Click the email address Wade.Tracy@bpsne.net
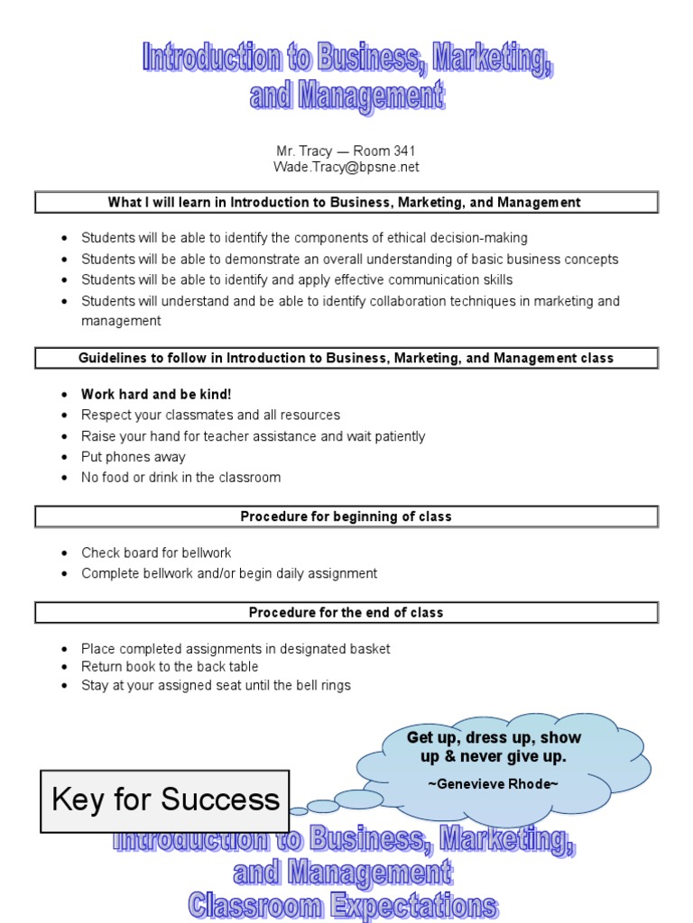click(346, 168)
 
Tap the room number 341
click(402, 151)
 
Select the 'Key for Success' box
click(165, 800)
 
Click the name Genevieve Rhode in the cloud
click(495, 784)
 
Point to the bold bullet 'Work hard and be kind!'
click(156, 395)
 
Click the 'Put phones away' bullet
click(133, 457)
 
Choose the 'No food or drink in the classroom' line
click(180, 478)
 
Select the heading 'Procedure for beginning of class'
click(346, 517)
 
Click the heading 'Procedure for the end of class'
click(346, 613)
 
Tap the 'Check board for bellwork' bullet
click(156, 553)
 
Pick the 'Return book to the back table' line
click(170, 667)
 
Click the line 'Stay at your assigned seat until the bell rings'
click(216, 686)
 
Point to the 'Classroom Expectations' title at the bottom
click(342, 906)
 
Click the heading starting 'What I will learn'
click(346, 203)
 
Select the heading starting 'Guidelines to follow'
click(346, 359)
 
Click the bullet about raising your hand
click(253, 436)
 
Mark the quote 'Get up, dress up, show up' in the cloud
click(494, 746)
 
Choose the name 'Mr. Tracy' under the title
click(304, 151)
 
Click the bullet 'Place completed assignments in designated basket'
click(236, 649)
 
